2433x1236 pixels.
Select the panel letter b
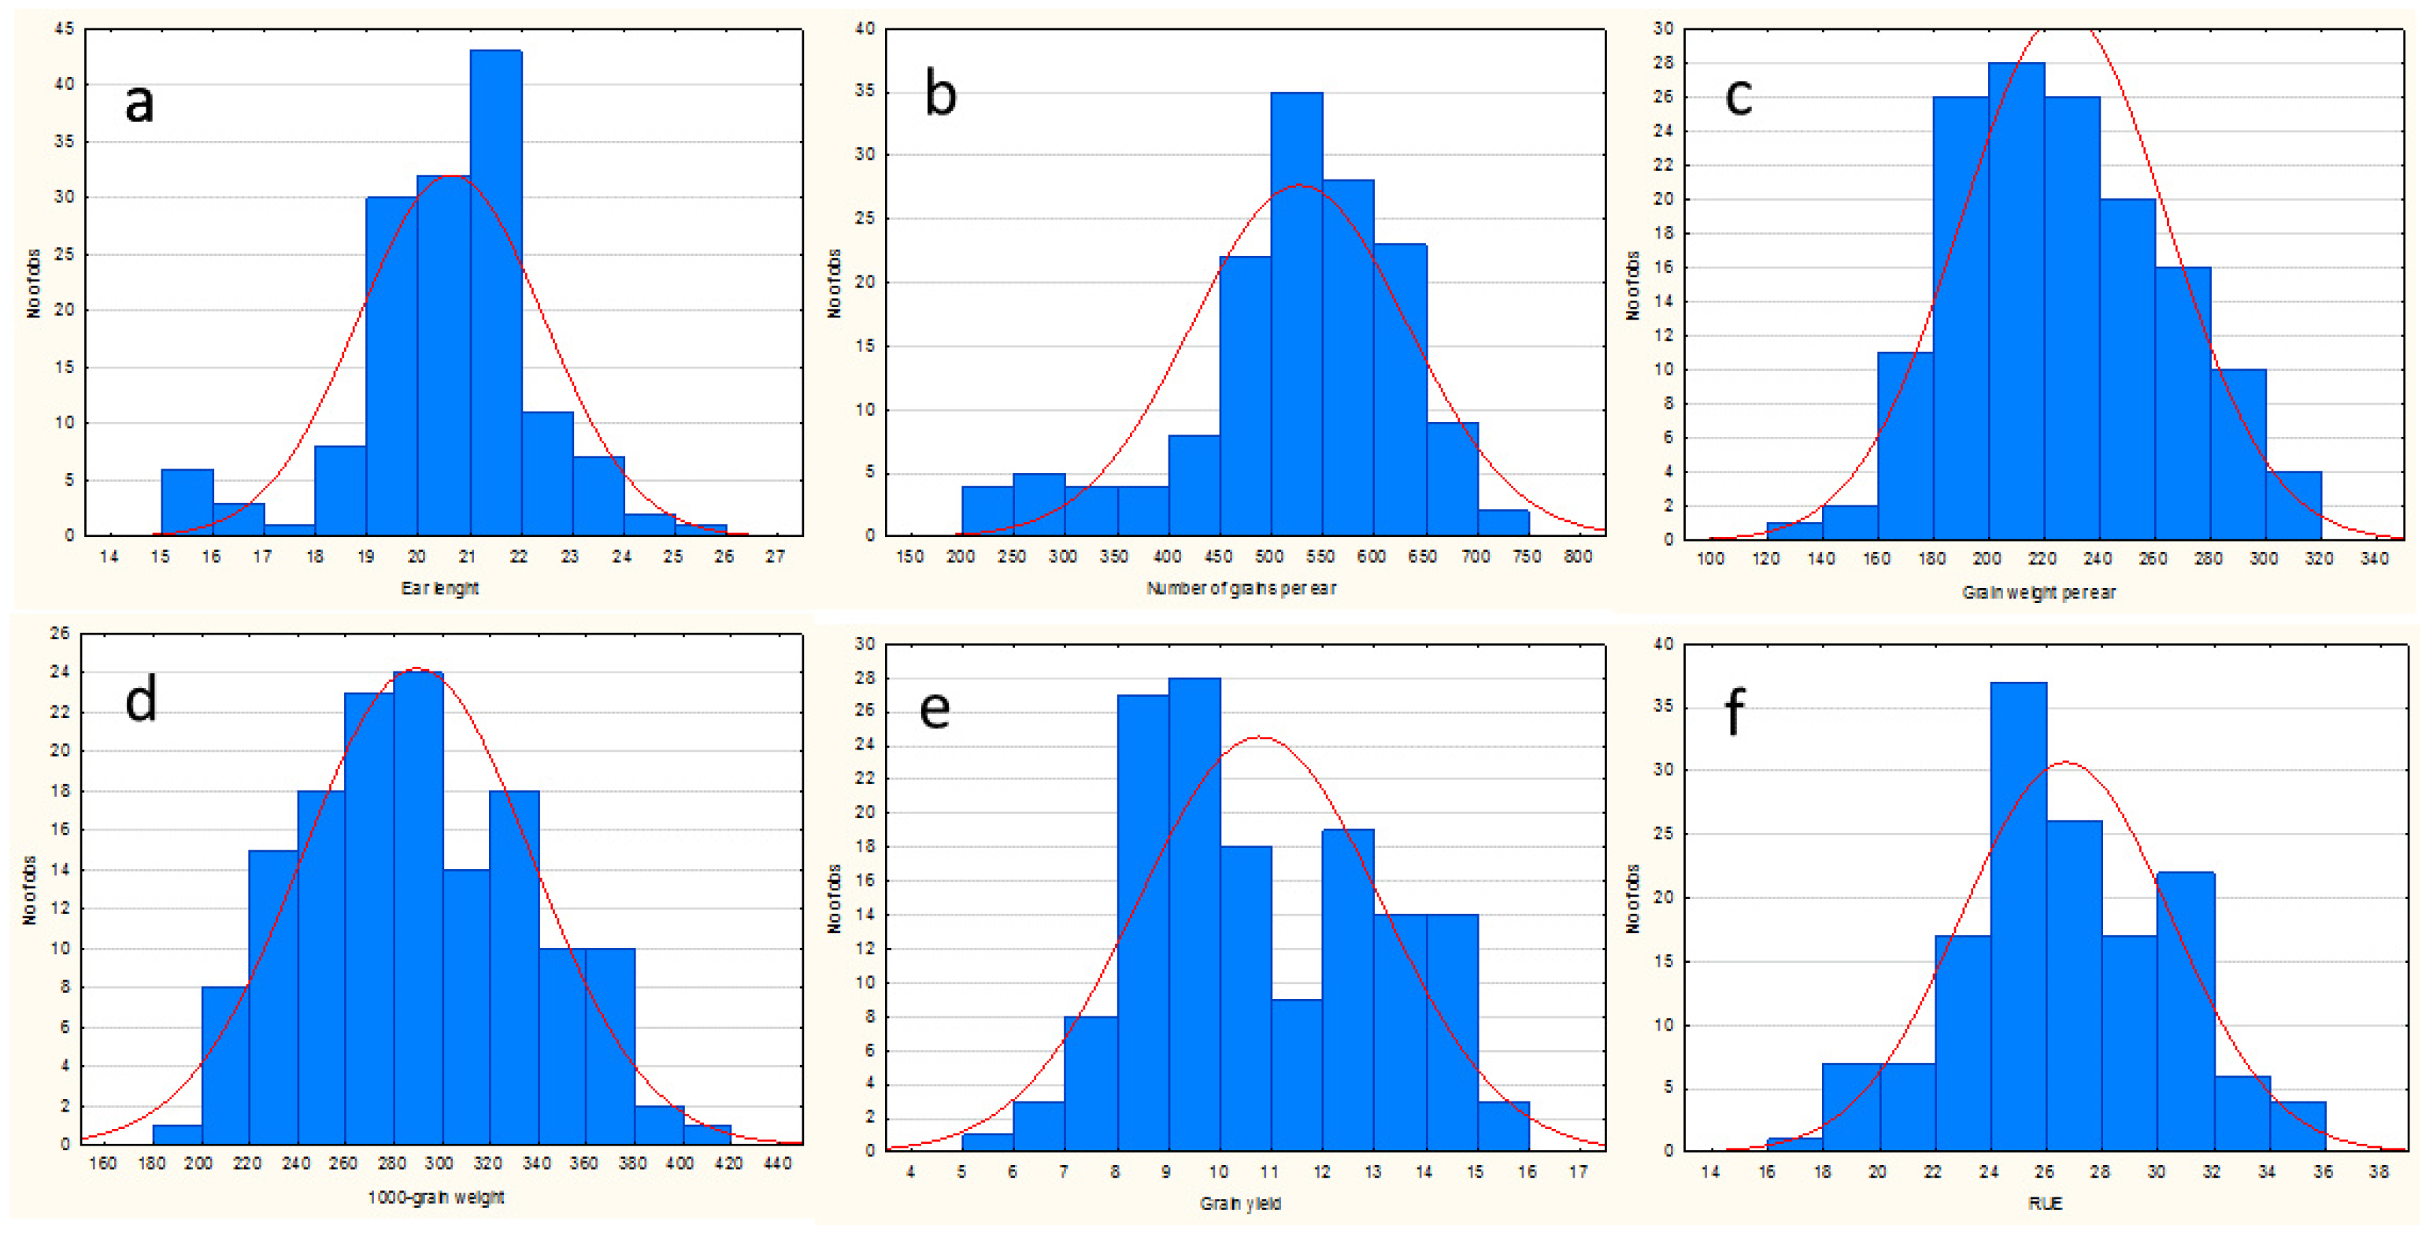coord(940,95)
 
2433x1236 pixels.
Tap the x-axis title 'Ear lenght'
coord(439,588)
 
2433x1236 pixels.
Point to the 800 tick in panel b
coord(1577,557)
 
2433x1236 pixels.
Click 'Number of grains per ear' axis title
coord(1240,588)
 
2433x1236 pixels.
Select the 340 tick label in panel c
coord(2373,559)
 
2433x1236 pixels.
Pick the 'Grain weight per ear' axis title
coord(2039,593)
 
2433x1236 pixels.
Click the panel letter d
coord(141,701)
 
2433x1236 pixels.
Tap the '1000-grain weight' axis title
coord(435,1197)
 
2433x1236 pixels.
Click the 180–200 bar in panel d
coord(176,1135)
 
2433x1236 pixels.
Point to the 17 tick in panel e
coord(1577,1171)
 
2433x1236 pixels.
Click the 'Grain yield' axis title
coord(1240,1203)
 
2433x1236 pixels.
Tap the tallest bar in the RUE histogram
coord(2017,916)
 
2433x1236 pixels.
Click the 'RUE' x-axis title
coord(2044,1203)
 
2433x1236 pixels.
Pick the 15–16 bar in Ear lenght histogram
coord(187,502)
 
